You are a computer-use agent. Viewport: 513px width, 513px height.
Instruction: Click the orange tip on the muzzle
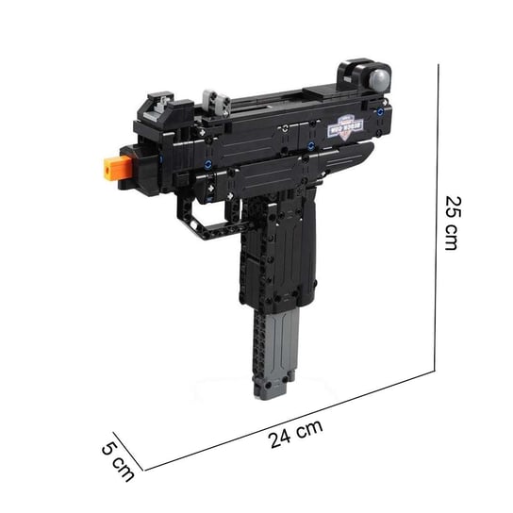coord(112,169)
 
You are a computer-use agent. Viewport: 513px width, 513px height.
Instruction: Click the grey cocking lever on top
coord(215,98)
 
